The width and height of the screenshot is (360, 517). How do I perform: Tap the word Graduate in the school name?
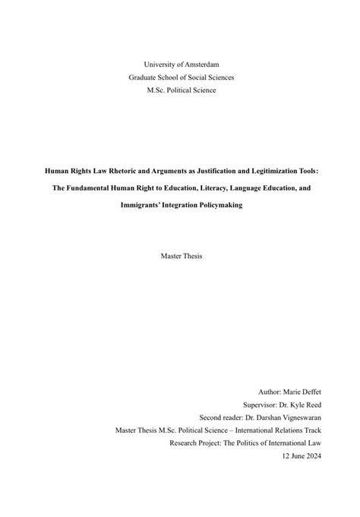(x=145, y=77)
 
